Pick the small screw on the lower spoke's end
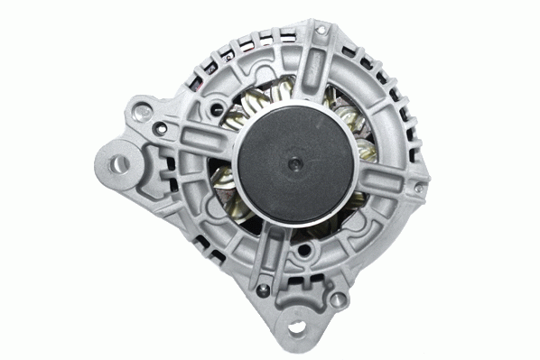(261, 289)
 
